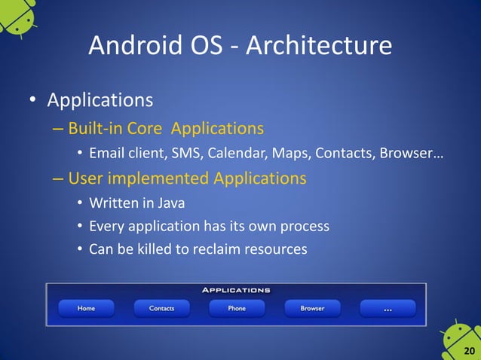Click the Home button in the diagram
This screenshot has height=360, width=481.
85,308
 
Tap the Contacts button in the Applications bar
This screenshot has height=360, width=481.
161,308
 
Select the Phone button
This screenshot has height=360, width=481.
237,308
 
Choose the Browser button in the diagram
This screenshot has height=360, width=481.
312,308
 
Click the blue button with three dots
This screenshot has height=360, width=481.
388,308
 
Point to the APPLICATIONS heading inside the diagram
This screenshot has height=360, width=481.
236,289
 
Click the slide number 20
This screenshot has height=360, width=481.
469,351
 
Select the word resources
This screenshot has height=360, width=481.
277,249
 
